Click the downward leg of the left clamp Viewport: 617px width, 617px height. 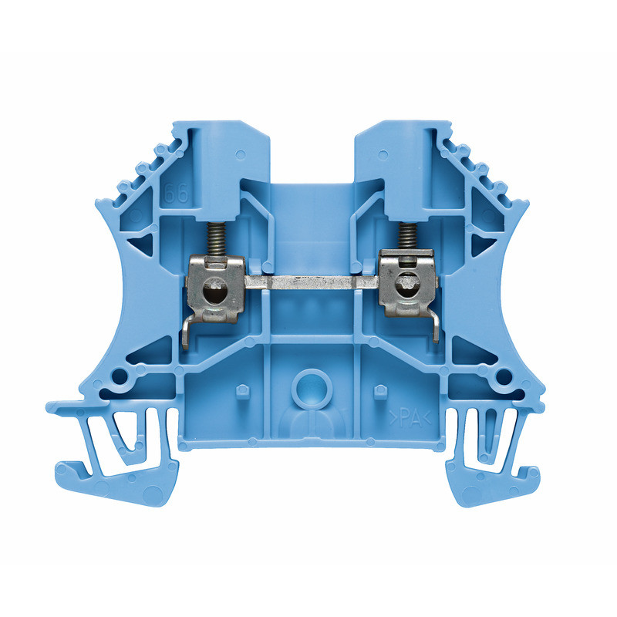[x=187, y=333]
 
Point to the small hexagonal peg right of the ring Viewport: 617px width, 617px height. [x=379, y=391]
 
